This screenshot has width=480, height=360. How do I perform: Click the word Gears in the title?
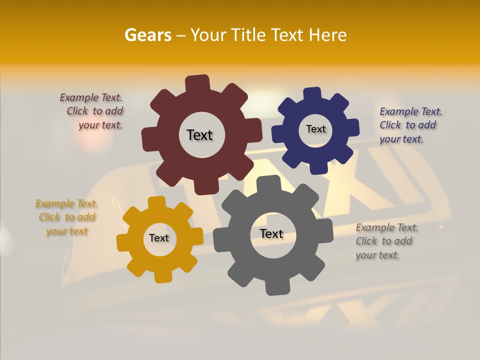click(147, 35)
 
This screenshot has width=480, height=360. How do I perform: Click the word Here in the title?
click(328, 35)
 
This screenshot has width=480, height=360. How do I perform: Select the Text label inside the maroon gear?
click(199, 135)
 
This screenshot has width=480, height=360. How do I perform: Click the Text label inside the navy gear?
click(315, 129)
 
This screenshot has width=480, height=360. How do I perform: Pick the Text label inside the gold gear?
click(159, 238)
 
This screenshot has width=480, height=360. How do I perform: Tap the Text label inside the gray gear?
click(271, 233)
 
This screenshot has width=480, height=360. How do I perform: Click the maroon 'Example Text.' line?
click(91, 97)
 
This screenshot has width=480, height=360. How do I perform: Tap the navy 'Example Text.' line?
click(411, 111)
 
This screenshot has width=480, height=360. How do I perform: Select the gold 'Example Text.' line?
click(66, 203)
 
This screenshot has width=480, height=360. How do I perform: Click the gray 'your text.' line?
click(377, 255)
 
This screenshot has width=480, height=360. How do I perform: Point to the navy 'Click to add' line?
click(407, 125)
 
